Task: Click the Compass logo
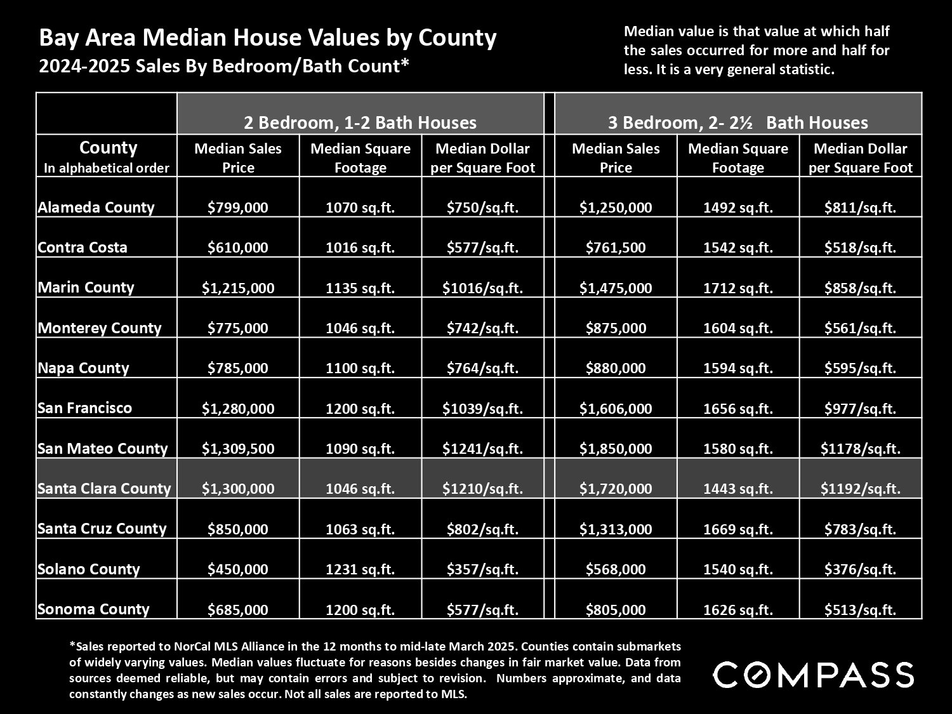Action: pyautogui.click(x=814, y=675)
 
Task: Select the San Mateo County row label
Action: pyautogui.click(x=102, y=448)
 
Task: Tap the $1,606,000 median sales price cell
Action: pyautogui.click(x=616, y=408)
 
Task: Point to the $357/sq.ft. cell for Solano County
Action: pyautogui.click(x=482, y=569)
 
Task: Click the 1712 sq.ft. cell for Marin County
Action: pyautogui.click(x=737, y=288)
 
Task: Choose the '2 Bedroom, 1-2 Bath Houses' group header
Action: pyautogui.click(x=360, y=122)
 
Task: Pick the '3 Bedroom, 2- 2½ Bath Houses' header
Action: pyautogui.click(x=737, y=122)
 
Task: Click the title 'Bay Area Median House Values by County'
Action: pyautogui.click(x=268, y=37)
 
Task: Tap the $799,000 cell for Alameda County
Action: pyautogui.click(x=237, y=208)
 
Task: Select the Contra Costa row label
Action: pyautogui.click(x=83, y=247)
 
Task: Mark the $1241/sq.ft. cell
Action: pyautogui.click(x=482, y=448)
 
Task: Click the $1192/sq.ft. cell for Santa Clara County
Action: pyautogui.click(x=860, y=489)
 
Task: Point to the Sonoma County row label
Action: pyautogui.click(x=93, y=609)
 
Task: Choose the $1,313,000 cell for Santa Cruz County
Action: pyautogui.click(x=616, y=529)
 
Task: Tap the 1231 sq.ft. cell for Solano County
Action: pyautogui.click(x=360, y=569)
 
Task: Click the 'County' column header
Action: pyautogui.click(x=108, y=149)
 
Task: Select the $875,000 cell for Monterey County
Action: pyautogui.click(x=616, y=327)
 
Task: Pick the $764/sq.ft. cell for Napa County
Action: pyautogui.click(x=482, y=368)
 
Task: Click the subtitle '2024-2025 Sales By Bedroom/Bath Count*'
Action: pyautogui.click(x=224, y=67)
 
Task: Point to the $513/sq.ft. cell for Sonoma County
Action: pyautogui.click(x=860, y=609)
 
